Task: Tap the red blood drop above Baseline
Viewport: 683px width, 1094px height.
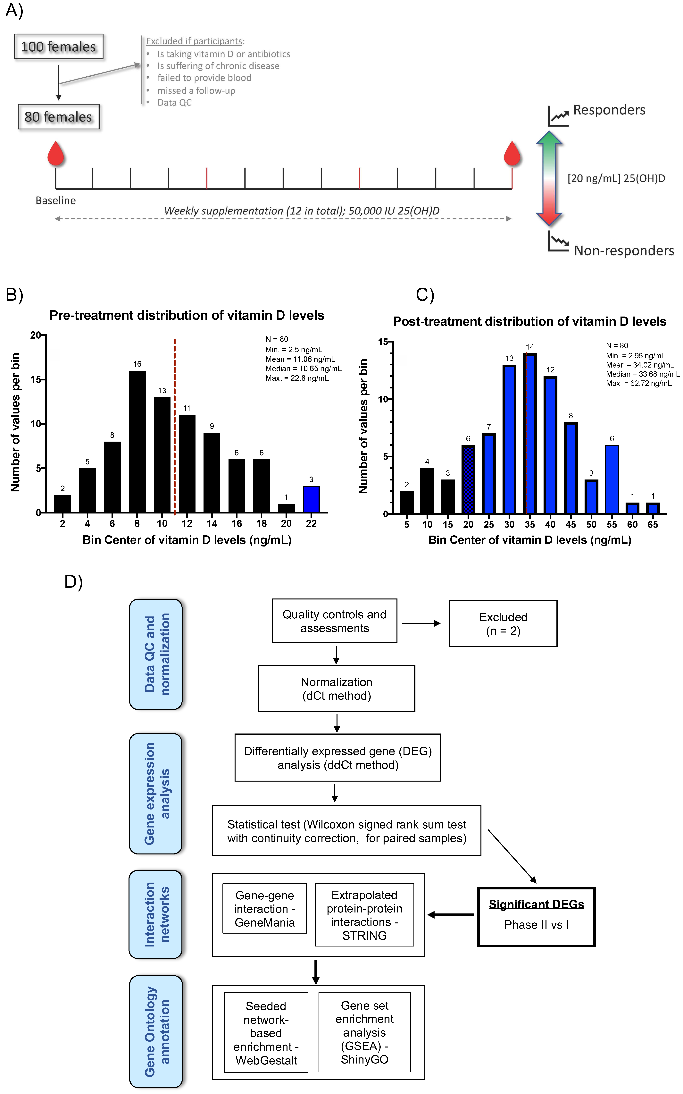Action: [56, 154]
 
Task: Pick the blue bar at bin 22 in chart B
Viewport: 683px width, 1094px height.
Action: [311, 499]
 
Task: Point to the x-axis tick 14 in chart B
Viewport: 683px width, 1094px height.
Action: [212, 523]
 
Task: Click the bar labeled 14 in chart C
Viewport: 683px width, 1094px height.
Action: [530, 434]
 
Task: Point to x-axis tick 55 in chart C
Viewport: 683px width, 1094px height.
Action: [612, 524]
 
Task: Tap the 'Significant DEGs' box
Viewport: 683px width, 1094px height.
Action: [536, 917]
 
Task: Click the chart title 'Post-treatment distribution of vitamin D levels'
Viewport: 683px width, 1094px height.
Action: [529, 321]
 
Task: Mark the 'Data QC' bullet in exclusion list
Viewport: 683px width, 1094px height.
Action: [174, 103]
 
